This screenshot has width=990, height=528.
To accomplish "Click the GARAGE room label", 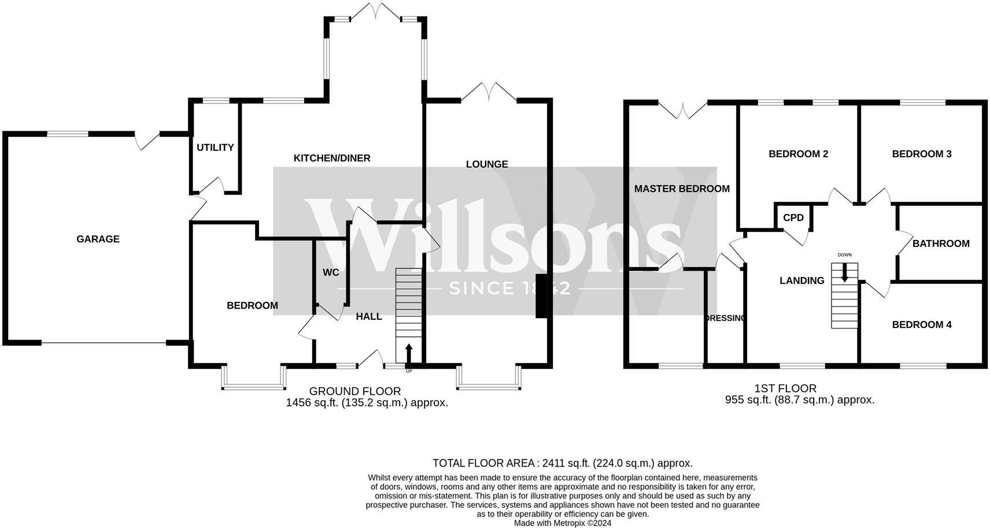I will point(98,239).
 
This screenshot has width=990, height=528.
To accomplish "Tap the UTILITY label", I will point(215,147).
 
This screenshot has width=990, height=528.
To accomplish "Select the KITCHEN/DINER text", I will point(332,158).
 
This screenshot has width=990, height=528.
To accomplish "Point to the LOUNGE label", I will point(487,164).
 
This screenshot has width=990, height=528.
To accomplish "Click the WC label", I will point(331,272).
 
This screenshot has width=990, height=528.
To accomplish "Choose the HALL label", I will point(369,316).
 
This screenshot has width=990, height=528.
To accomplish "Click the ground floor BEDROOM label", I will point(252,305).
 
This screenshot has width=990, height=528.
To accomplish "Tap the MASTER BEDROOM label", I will point(682,189).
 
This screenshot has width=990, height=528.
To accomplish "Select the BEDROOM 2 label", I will point(798,154).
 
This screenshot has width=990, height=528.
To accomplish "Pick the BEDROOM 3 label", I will point(922,154).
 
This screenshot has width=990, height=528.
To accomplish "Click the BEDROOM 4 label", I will point(922,324).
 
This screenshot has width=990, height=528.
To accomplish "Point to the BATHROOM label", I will point(941,243).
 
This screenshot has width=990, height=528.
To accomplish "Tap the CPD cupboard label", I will point(793,218).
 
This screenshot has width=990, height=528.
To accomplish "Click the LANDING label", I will point(802,280).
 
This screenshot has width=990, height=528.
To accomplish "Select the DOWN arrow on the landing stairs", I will point(845,272).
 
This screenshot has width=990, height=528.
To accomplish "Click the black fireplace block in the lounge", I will point(541,296).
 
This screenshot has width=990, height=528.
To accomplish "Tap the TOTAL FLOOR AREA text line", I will point(562,463).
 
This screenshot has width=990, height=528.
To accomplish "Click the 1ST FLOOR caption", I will point(785,389).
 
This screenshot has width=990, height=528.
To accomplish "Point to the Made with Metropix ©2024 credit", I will point(562,523).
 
